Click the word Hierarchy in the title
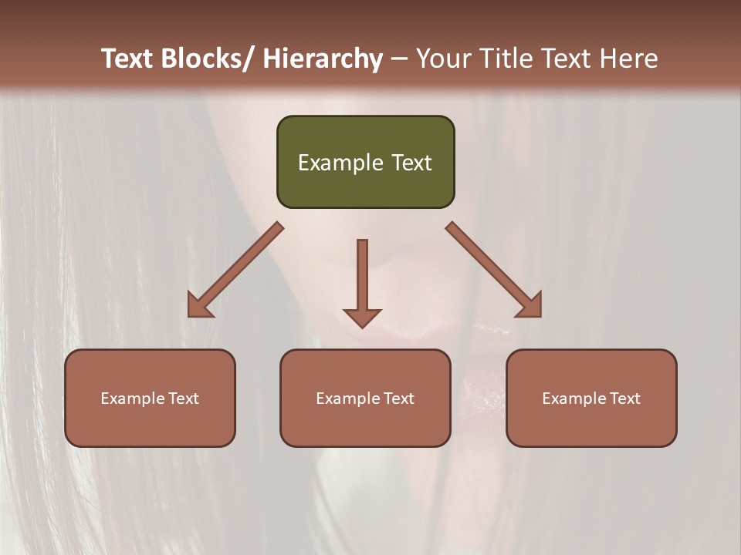coord(323,59)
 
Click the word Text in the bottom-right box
coord(625,399)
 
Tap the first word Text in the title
coord(128,59)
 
